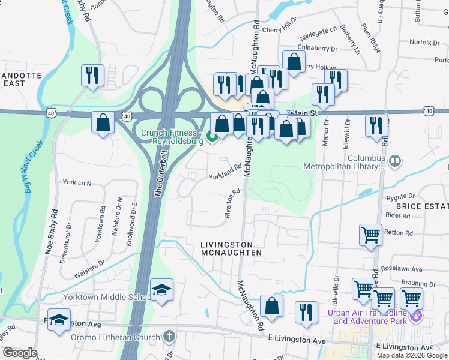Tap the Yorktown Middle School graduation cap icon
tap(161, 290)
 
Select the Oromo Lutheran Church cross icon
tap(170, 335)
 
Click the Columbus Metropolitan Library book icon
tap(395, 161)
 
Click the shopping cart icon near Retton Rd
tap(370, 235)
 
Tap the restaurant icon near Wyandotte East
tap(92, 75)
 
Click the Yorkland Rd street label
tap(224, 173)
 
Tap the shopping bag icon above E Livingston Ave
tap(271, 305)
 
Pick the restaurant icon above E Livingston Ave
tap(306, 312)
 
